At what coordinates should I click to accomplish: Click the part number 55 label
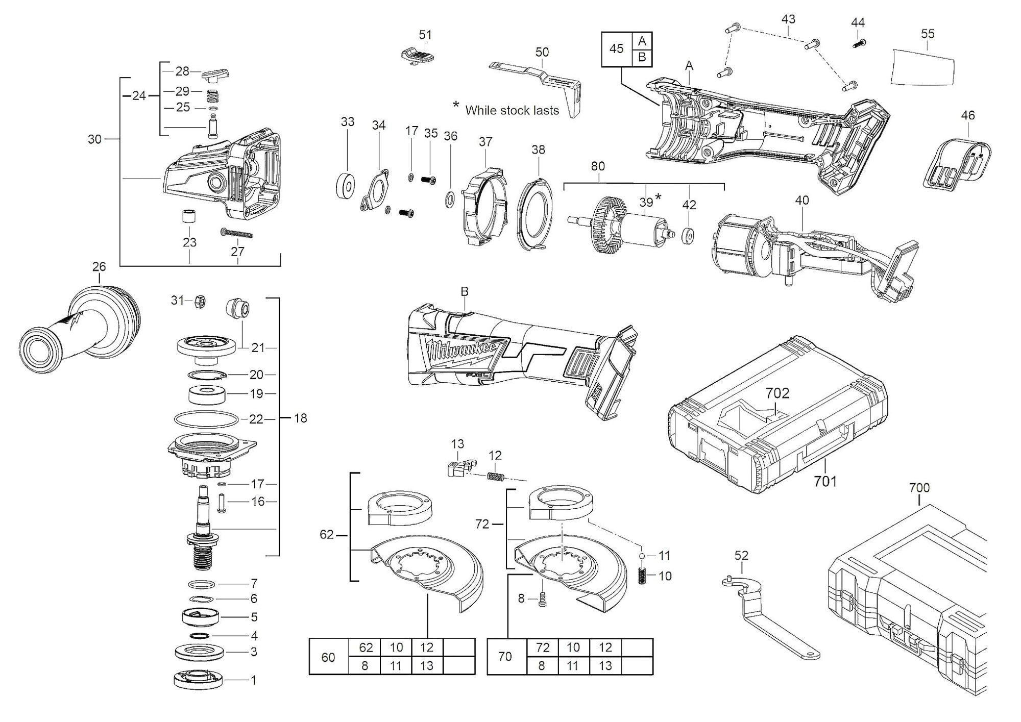(x=928, y=34)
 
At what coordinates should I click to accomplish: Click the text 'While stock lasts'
(x=512, y=110)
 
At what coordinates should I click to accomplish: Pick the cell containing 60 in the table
(x=328, y=657)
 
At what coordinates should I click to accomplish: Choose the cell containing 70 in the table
(x=505, y=657)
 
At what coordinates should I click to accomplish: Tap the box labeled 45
(x=617, y=48)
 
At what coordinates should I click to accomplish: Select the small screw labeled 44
(x=859, y=44)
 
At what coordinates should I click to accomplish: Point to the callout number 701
(x=825, y=481)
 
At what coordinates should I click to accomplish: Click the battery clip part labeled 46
(x=957, y=164)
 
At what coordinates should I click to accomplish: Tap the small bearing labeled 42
(x=689, y=237)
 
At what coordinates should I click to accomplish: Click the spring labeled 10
(x=643, y=576)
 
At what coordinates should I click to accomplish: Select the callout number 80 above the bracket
(x=597, y=166)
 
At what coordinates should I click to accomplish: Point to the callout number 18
(x=301, y=418)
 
